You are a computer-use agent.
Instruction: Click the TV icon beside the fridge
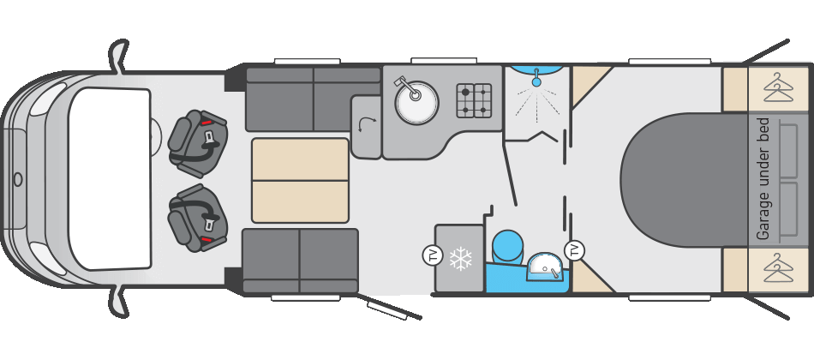click(x=431, y=255)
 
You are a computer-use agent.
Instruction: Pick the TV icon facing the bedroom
click(x=575, y=250)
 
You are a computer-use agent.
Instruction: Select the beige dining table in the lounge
click(x=300, y=179)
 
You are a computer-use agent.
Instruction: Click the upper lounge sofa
click(x=312, y=99)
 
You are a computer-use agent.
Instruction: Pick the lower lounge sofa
click(x=300, y=260)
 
